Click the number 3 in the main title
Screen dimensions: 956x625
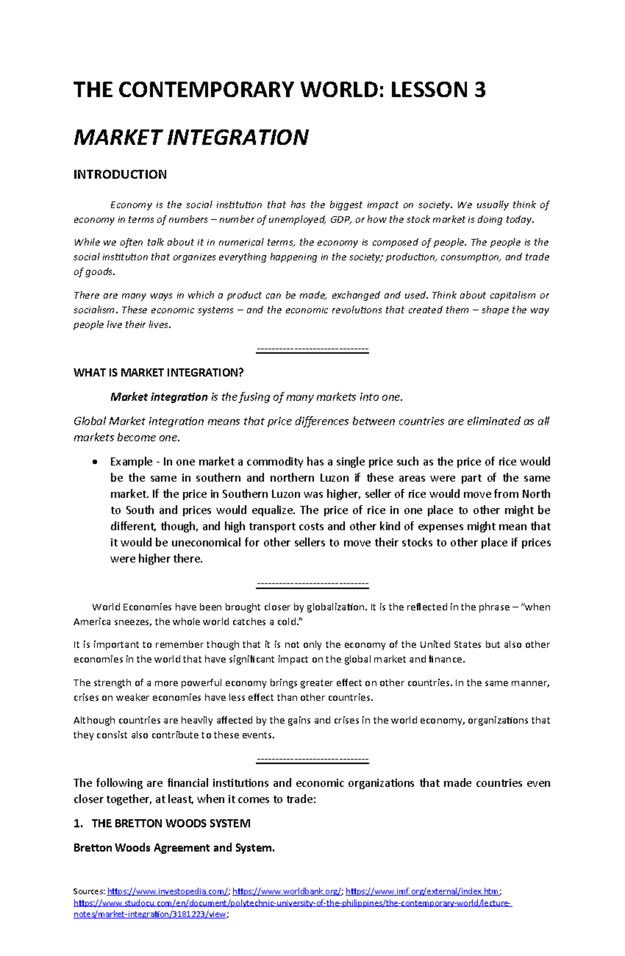[x=479, y=90]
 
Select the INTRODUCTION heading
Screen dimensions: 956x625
[x=120, y=175]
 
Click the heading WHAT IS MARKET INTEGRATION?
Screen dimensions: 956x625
[x=158, y=373]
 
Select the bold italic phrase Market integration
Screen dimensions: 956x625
[x=159, y=397]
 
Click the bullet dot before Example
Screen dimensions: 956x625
[x=94, y=462]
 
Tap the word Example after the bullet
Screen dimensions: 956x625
[x=131, y=462]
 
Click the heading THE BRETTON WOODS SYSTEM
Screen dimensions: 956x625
[x=171, y=823]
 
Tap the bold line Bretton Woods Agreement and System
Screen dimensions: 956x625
[x=174, y=848]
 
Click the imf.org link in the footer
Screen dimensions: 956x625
[x=422, y=891]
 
